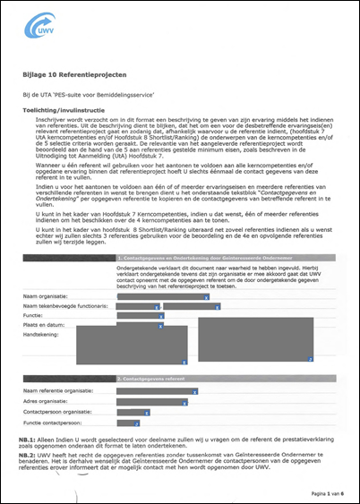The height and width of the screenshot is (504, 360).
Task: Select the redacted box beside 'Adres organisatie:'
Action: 149,401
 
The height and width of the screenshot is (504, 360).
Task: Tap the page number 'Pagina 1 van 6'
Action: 326,492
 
